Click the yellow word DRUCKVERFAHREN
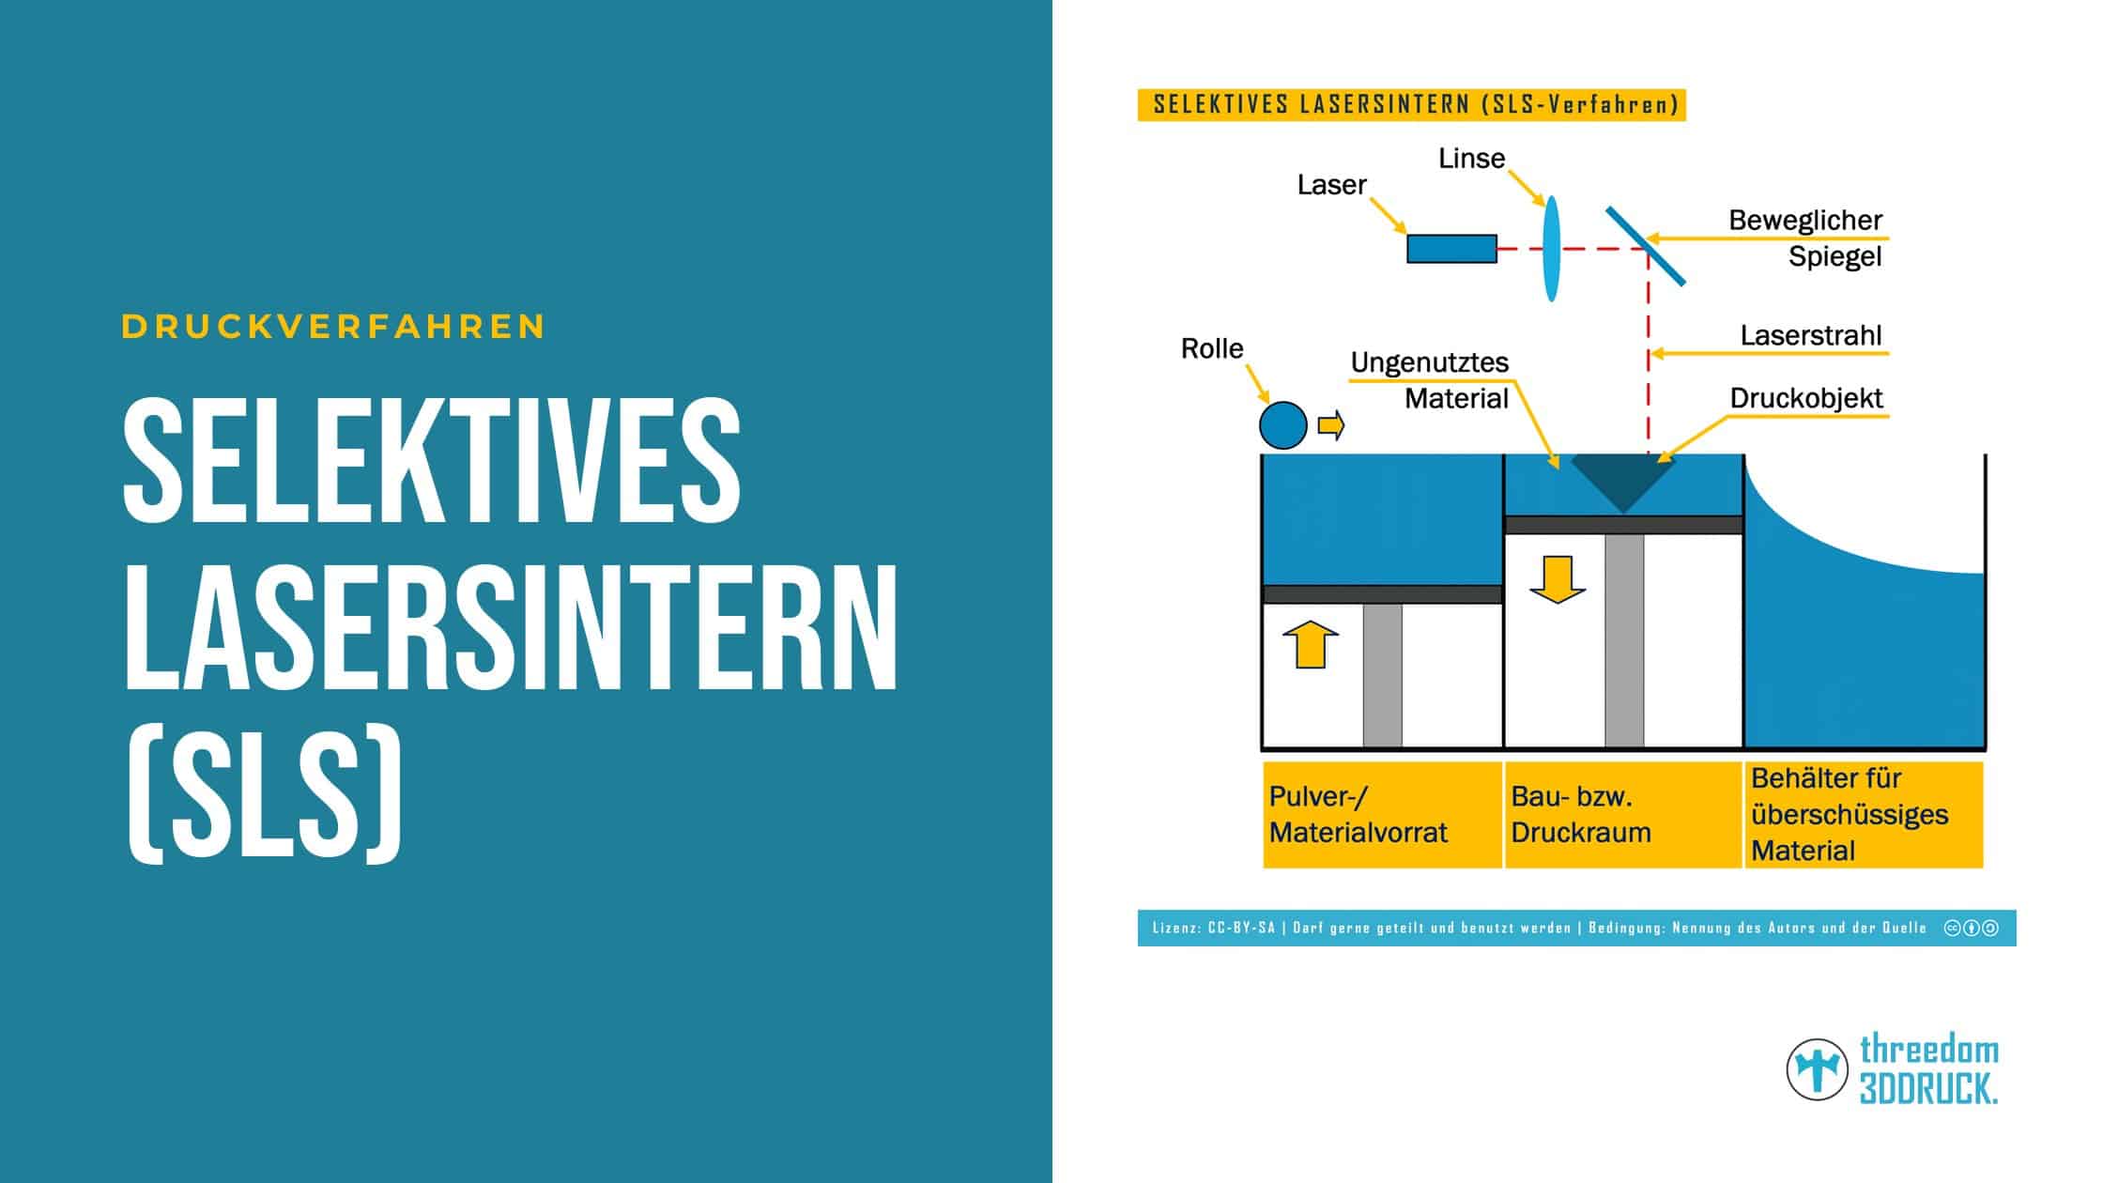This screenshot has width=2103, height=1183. [333, 327]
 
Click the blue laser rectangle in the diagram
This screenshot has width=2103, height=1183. [1451, 249]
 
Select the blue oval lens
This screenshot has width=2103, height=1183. [1551, 249]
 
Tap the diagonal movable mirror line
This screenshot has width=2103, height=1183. [1645, 246]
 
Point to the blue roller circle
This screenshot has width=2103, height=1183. [1282, 425]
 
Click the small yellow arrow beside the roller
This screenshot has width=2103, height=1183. [1331, 426]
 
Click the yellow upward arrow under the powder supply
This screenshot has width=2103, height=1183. [1310, 645]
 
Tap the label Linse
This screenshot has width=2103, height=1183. [1471, 159]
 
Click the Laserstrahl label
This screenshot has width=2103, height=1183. [1811, 335]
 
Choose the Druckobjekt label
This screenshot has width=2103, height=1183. [1806, 398]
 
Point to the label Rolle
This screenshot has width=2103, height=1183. [1212, 348]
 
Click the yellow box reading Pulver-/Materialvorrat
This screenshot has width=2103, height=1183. [1382, 814]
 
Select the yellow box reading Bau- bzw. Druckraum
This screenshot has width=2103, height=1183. [1623, 814]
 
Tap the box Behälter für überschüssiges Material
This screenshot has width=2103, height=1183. [1864, 814]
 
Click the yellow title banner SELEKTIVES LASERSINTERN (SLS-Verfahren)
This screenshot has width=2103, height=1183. [1411, 105]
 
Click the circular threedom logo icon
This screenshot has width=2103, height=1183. [1818, 1069]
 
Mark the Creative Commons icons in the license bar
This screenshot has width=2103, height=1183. [1971, 928]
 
